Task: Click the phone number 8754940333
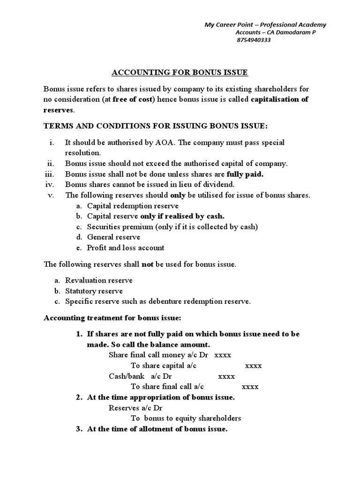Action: point(253,40)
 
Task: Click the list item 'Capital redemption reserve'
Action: point(132,206)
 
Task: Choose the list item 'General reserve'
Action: point(113,237)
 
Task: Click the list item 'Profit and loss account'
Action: point(125,247)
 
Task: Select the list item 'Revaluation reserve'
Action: point(98,280)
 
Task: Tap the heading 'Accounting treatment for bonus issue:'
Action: point(112,318)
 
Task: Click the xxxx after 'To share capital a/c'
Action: point(253,366)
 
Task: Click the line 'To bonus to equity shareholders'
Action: point(186,418)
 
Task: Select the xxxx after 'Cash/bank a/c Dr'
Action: point(226,376)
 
